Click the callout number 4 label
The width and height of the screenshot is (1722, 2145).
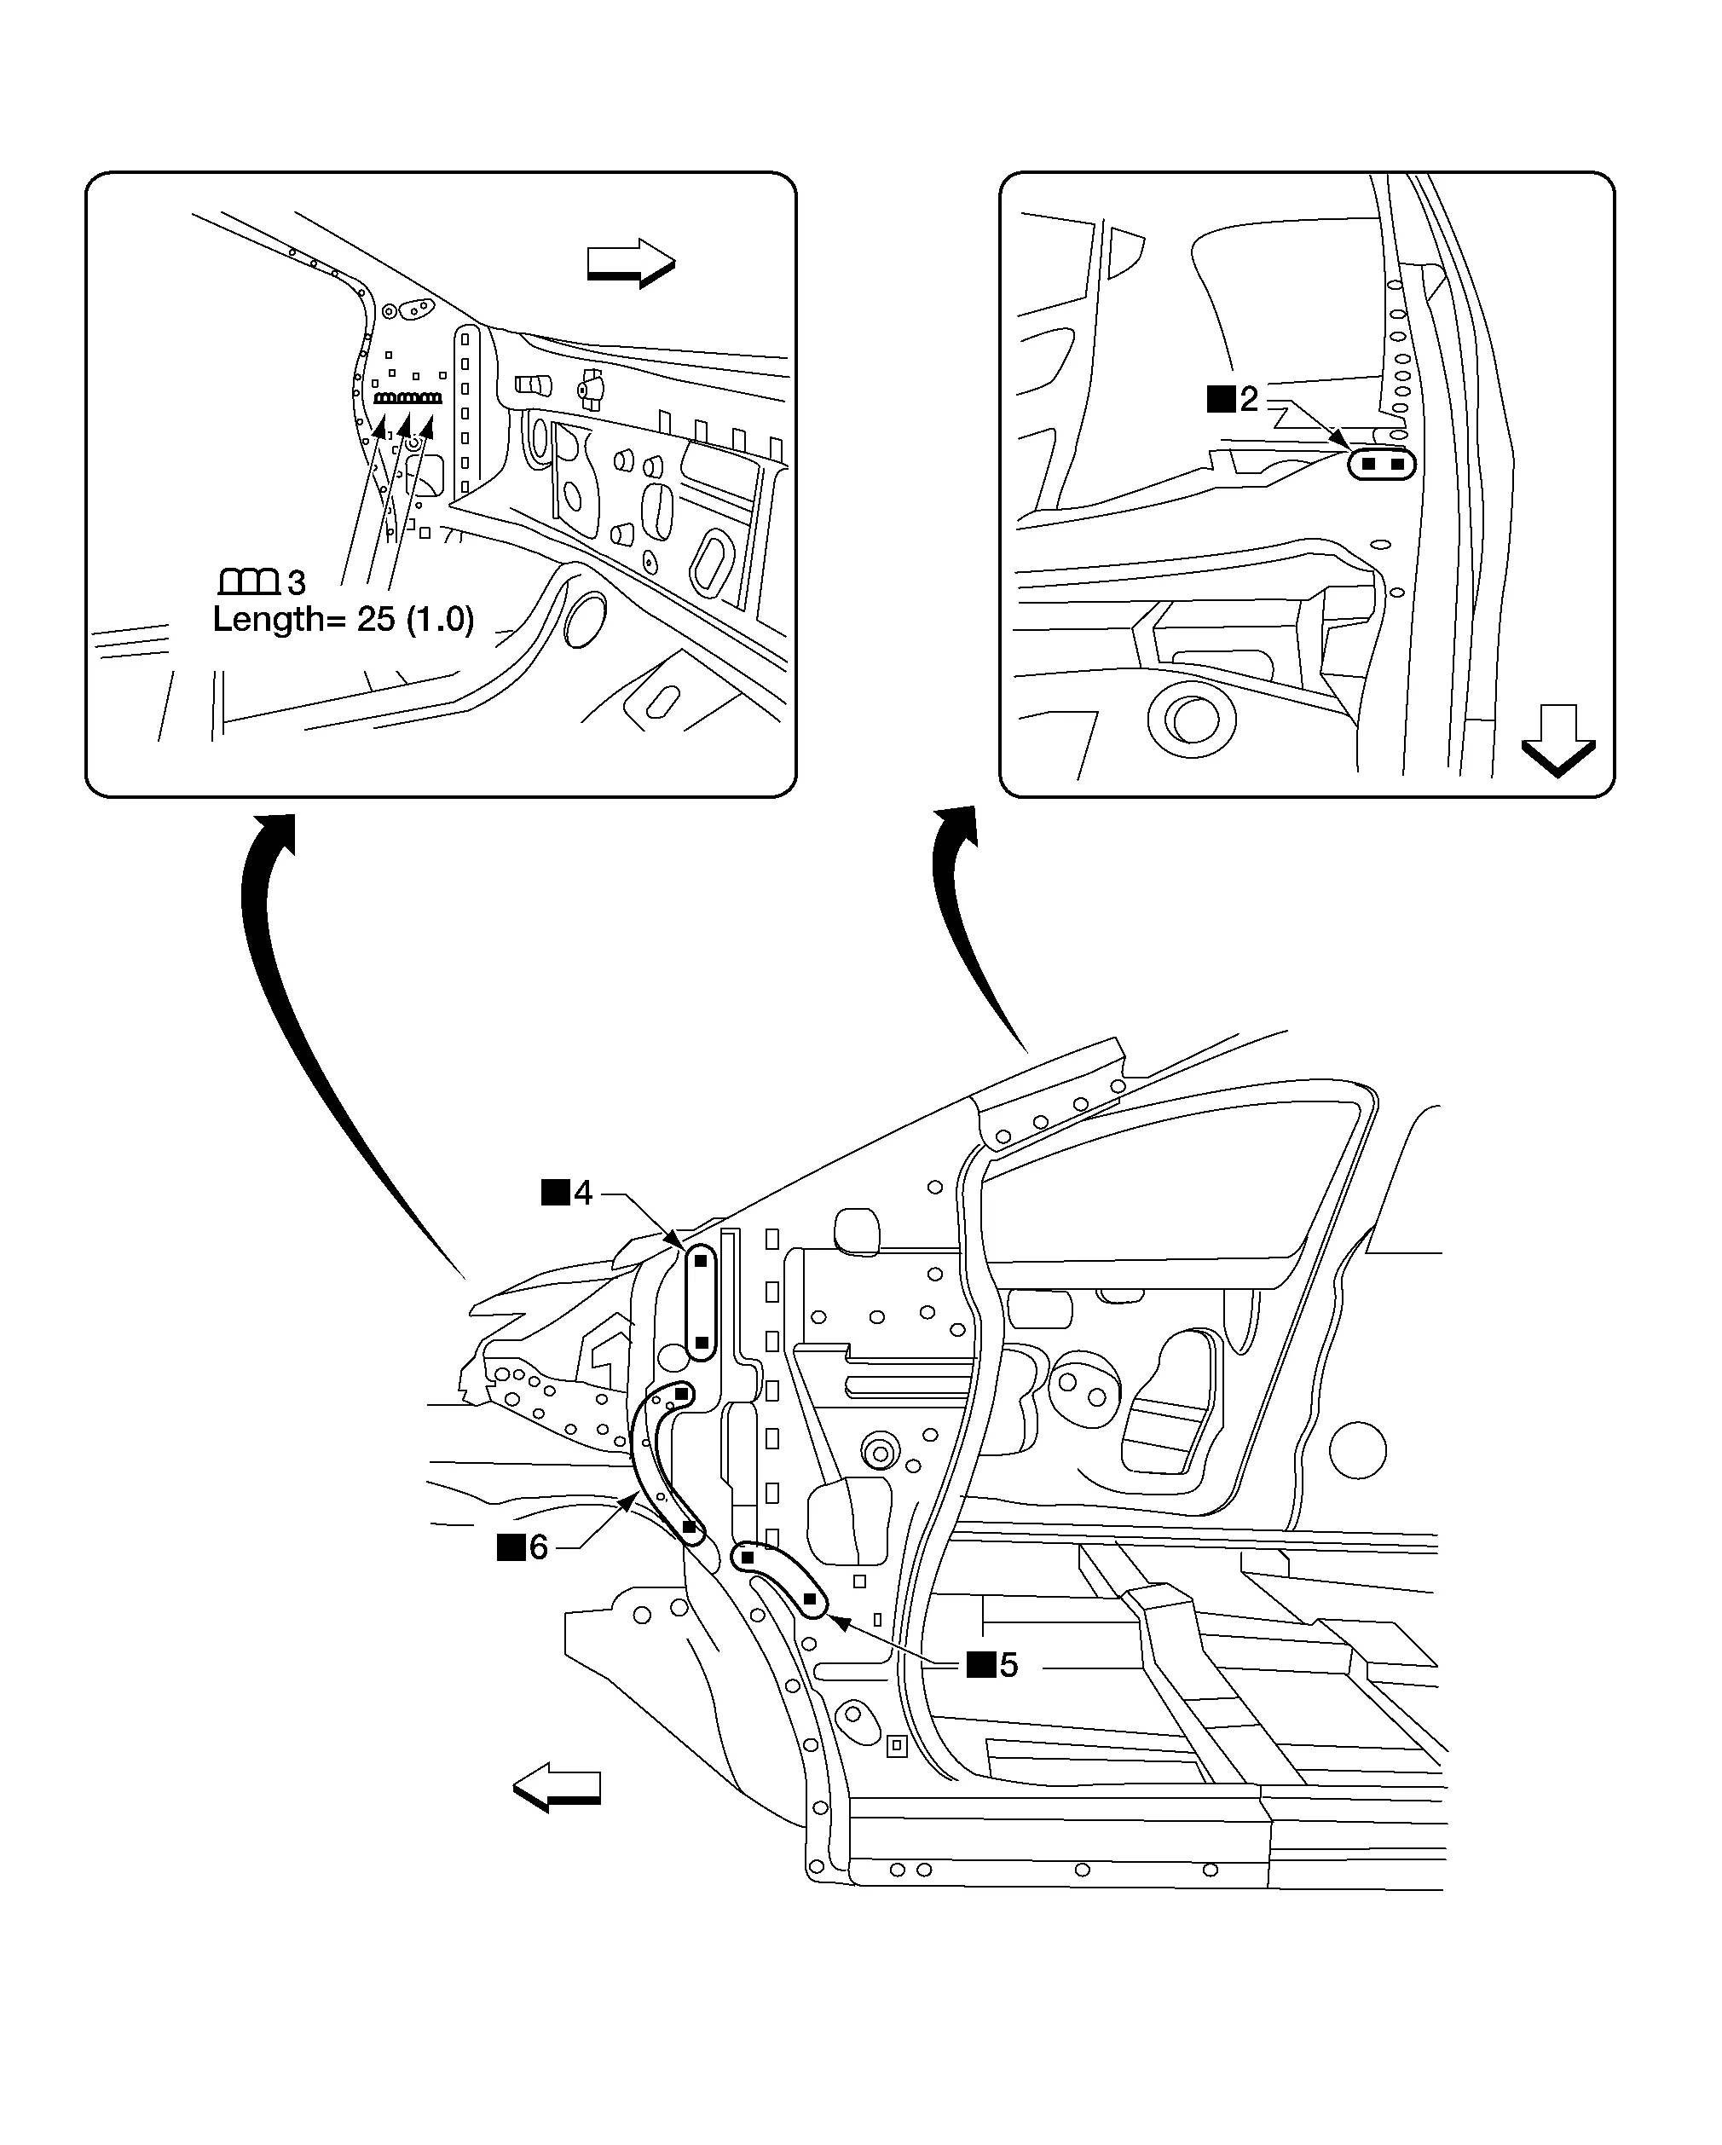pyautogui.click(x=582, y=1192)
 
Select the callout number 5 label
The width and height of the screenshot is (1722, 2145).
pyautogui.click(x=1008, y=1664)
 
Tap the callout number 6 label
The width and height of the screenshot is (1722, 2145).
pyautogui.click(x=538, y=1547)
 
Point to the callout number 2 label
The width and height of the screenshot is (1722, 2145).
pyautogui.click(x=1247, y=399)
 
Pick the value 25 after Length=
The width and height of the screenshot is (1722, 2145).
pyautogui.click(x=376, y=620)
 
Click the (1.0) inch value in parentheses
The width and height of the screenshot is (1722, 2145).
pyautogui.click(x=440, y=620)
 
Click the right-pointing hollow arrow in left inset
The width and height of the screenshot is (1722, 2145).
pyautogui.click(x=631, y=263)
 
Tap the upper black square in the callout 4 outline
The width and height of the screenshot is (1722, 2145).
pyautogui.click(x=701, y=1261)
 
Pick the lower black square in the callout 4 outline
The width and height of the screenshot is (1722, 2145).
pyautogui.click(x=701, y=1342)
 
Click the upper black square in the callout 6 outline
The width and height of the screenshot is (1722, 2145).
pyautogui.click(x=681, y=1394)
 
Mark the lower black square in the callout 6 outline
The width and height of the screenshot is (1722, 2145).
pyautogui.click(x=690, y=1527)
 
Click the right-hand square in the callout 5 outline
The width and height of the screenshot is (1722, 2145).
pyautogui.click(x=810, y=1599)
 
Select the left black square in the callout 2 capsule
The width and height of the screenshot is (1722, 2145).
pyautogui.click(x=1368, y=464)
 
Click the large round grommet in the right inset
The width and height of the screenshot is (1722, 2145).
pyautogui.click(x=1189, y=716)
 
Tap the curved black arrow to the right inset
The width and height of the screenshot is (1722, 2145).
pyautogui.click(x=965, y=916)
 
